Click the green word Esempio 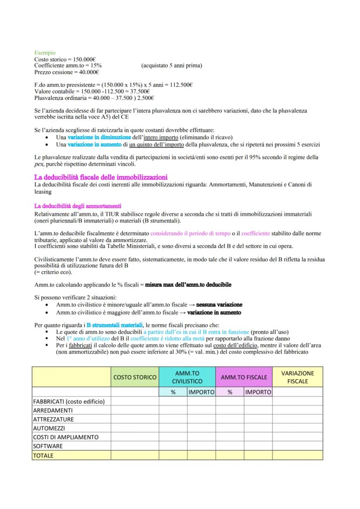coord(45,53)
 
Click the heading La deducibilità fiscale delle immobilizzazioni coord(100,176)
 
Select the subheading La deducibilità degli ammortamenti coord(77,206)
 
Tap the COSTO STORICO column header coord(134,377)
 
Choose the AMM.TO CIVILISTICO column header coord(187,377)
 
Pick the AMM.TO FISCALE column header coord(244,377)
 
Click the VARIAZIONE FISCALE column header coord(297,377)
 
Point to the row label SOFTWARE coord(48,446)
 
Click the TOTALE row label coord(43,455)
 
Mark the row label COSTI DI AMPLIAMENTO coord(66,437)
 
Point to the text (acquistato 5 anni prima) coord(171,66)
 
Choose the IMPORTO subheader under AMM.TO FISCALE coord(258,392)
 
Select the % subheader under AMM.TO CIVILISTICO coord(173,392)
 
